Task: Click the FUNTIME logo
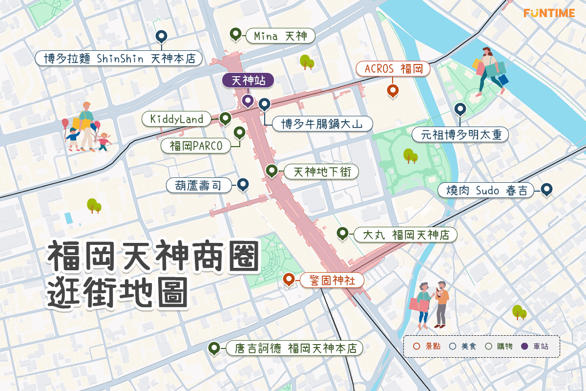549,13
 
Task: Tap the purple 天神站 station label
248,81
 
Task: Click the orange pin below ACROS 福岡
392,90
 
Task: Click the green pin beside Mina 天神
236,34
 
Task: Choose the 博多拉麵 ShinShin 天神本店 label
119,59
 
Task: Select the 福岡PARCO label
196,146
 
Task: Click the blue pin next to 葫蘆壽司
243,184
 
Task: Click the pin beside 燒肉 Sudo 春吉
546,189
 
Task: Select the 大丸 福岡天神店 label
405,235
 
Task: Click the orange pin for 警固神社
289,279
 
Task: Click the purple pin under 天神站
248,101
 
